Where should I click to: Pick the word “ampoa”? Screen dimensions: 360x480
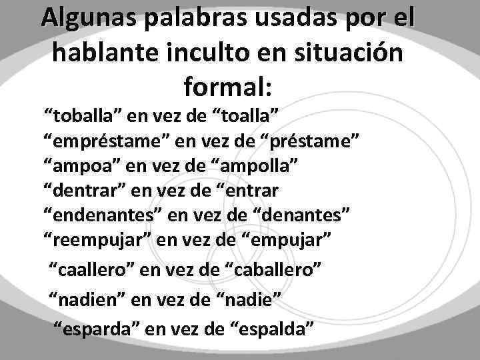tap(79, 167)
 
